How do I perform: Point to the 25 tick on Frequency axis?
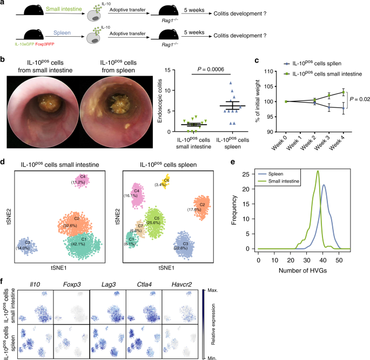[x=249, y=174]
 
